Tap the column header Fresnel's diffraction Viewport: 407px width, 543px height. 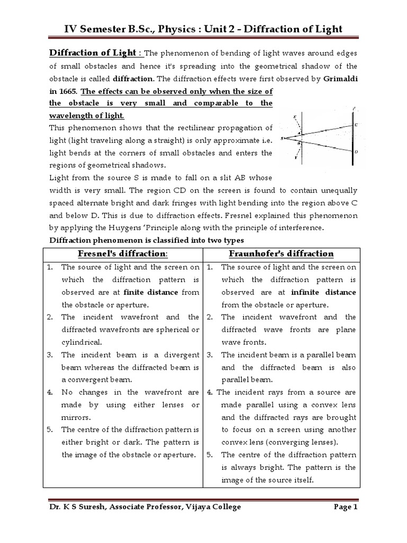click(x=123, y=253)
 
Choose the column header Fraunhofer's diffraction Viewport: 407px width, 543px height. click(x=281, y=253)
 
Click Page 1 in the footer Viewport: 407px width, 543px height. click(x=346, y=507)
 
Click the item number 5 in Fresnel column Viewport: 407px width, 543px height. click(x=49, y=430)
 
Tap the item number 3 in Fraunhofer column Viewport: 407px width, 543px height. click(x=210, y=355)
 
